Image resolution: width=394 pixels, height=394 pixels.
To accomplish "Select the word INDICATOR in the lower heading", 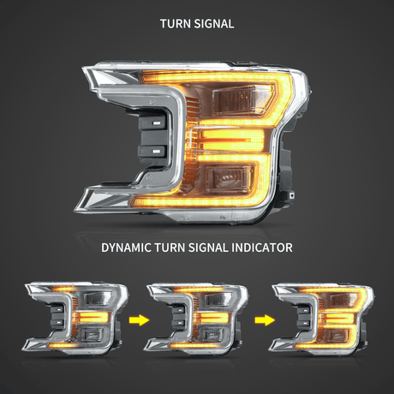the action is (262, 248).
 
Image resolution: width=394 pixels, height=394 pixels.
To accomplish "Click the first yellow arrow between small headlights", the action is (139, 320).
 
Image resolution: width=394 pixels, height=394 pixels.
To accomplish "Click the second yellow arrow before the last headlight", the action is (265, 320).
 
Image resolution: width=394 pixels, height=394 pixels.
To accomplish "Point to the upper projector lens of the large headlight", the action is (242, 100).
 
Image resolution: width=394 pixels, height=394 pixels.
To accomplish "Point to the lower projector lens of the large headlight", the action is (230, 177).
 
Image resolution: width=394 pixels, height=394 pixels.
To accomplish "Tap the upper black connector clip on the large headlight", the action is (152, 122).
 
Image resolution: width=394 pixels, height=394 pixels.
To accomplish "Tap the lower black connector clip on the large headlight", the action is (152, 152).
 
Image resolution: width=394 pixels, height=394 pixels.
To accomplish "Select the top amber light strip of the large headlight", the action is (217, 75).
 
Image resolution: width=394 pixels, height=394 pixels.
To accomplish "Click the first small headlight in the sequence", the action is (75, 319).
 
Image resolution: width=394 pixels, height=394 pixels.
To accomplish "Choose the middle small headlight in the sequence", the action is (196, 319).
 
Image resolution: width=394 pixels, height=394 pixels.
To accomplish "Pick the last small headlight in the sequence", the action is (321, 319).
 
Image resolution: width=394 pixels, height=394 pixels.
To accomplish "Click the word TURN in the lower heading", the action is (170, 248).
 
